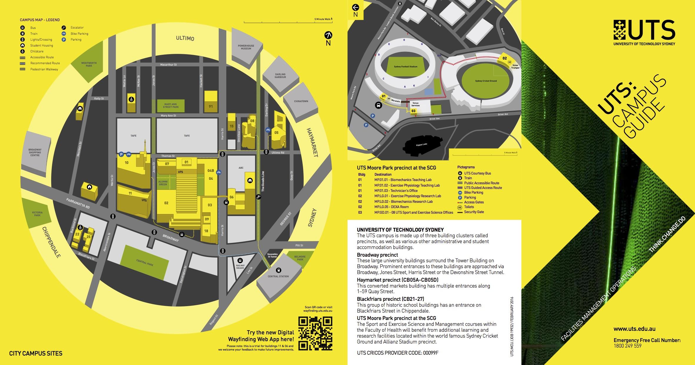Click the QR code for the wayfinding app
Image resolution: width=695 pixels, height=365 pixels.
[315, 333]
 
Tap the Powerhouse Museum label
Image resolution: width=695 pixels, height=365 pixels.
[246, 47]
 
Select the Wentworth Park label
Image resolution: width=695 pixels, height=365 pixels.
[89, 64]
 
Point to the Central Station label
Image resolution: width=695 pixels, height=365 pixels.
[278, 276]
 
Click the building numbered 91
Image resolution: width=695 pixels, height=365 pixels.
[211, 107]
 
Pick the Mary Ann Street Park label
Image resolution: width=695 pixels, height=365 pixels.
[170, 106]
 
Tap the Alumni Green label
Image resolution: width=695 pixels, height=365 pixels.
[163, 183]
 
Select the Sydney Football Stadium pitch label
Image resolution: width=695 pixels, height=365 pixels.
[405, 67]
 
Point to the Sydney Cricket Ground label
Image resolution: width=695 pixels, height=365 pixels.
[486, 81]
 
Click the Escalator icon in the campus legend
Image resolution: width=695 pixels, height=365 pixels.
[64, 28]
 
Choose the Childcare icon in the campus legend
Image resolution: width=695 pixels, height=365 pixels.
[22, 51]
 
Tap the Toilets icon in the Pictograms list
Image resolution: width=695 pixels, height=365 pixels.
[460, 207]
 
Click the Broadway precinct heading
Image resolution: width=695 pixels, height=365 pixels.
[377, 255]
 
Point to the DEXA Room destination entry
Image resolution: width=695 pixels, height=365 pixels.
[391, 207]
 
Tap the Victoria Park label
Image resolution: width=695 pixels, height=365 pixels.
[37, 214]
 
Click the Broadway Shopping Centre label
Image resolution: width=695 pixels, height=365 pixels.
[35, 152]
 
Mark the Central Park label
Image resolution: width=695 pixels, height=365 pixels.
[145, 263]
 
